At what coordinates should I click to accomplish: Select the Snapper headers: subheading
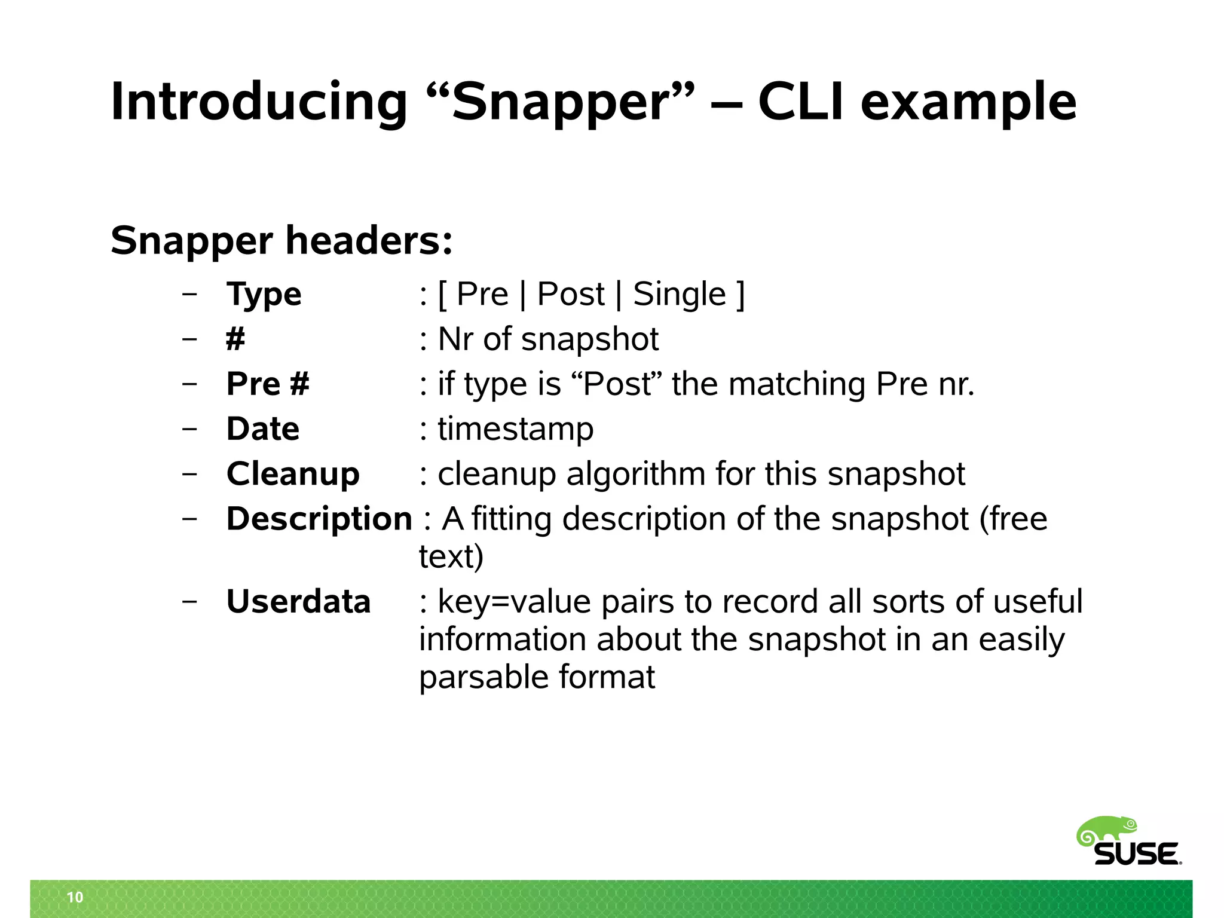(x=281, y=240)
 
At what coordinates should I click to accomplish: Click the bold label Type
(x=264, y=295)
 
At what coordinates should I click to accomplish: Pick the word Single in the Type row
(x=680, y=295)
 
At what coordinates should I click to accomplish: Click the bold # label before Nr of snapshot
(x=235, y=339)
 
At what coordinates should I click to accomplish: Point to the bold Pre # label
(x=268, y=384)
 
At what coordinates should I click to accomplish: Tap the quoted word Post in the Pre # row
(x=617, y=384)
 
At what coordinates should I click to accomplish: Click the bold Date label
(x=262, y=429)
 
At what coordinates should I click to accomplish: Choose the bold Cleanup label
(x=293, y=474)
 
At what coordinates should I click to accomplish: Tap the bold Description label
(x=319, y=518)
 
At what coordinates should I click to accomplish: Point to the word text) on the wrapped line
(x=451, y=556)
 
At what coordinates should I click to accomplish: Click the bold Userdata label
(x=298, y=601)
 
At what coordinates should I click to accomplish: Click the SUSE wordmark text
(x=1137, y=854)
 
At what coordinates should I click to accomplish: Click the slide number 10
(x=75, y=897)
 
